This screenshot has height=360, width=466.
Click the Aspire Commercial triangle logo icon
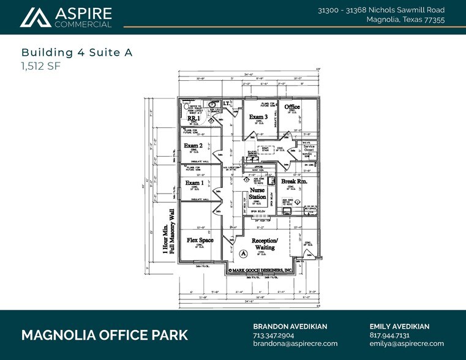36,18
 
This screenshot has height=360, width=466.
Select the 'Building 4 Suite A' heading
77,53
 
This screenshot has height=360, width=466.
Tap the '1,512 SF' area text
41,66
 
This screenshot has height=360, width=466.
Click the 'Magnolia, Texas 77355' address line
405,20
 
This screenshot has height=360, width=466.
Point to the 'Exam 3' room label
258,116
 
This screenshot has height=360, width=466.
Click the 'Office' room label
292,107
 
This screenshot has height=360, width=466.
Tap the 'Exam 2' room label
194,146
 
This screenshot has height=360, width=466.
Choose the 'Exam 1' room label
194,183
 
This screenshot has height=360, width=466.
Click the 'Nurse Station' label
258,194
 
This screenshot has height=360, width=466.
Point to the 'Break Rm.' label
293,182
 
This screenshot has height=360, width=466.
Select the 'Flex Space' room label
200,241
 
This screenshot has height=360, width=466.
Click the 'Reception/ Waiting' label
265,244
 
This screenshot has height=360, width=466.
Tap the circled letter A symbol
243,253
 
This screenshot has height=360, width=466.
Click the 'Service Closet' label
309,148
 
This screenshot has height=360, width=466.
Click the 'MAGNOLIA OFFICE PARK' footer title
105,336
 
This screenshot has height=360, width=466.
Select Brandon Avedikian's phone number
274,336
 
